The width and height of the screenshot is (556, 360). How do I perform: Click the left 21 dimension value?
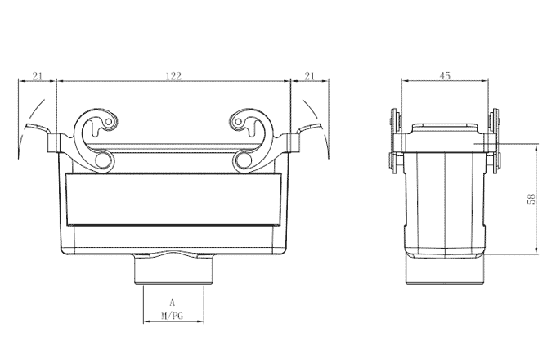[36, 76]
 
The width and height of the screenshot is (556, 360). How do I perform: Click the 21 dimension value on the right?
[309, 76]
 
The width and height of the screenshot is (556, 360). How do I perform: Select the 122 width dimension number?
[173, 76]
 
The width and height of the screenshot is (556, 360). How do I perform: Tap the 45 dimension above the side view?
[446, 75]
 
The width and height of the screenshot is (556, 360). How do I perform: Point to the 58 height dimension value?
[531, 199]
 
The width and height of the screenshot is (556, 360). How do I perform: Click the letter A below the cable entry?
[172, 302]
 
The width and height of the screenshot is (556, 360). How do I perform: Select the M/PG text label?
[172, 314]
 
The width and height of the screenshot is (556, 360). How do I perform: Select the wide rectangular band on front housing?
[173, 203]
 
